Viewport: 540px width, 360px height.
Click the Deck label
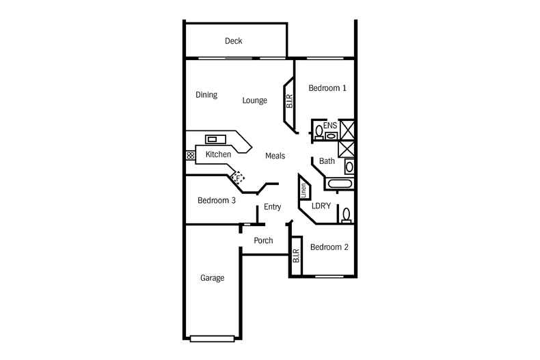click(x=234, y=41)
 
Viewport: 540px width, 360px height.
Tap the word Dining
click(x=206, y=95)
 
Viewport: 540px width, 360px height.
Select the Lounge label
click(x=254, y=100)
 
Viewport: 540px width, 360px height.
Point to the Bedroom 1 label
click(x=327, y=88)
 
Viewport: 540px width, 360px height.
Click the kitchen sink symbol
click(x=215, y=139)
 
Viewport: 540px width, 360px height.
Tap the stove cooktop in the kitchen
click(x=191, y=155)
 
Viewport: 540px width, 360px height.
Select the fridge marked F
click(x=238, y=178)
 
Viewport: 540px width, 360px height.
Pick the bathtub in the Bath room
click(x=339, y=184)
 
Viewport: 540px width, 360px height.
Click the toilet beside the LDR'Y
click(x=347, y=215)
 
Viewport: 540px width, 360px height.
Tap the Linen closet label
click(x=303, y=191)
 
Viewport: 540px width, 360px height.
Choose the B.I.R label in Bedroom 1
click(x=289, y=101)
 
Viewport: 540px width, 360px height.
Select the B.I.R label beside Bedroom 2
click(x=296, y=255)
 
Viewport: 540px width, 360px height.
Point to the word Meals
click(x=275, y=156)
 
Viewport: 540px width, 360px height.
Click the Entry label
click(x=273, y=207)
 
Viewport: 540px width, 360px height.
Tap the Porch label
click(x=263, y=240)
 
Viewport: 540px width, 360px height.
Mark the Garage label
click(x=212, y=278)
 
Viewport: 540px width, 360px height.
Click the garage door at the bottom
click(x=212, y=339)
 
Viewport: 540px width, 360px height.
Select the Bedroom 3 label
click(x=217, y=200)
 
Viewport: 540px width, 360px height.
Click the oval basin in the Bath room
click(x=349, y=167)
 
